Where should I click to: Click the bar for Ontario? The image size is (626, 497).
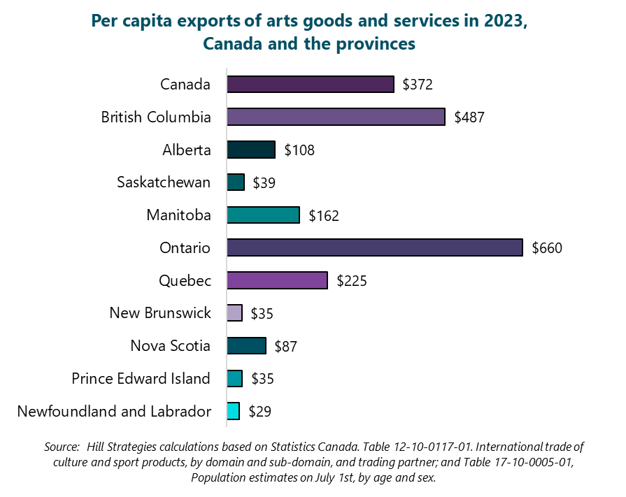tap(374, 247)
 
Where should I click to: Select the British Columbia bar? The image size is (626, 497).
tap(336, 117)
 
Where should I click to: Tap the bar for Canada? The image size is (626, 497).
tap(310, 84)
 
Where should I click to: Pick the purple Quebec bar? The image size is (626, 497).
tap(277, 280)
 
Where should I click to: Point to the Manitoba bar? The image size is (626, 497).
tap(263, 215)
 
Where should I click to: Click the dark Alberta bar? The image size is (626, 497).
tap(251, 150)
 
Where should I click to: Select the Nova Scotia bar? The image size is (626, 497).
tap(246, 346)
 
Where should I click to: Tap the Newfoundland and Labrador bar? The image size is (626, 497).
tap(234, 411)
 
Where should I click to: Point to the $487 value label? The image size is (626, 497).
tap(469, 117)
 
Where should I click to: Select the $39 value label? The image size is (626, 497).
tap(264, 183)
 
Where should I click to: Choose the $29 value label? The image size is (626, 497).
tap(259, 412)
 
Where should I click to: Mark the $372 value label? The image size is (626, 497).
tap(418, 85)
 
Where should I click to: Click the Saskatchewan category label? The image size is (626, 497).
tap(164, 182)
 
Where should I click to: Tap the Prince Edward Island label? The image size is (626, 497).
tap(141, 379)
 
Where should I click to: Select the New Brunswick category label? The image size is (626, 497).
tap(160, 313)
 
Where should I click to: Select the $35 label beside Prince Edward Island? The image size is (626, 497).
tap(262, 379)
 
